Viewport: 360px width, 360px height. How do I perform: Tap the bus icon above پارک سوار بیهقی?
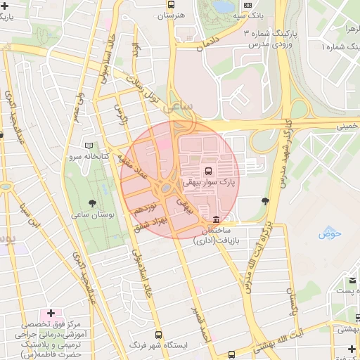coord(209,171)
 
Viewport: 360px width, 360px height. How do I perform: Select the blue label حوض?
coord(328,233)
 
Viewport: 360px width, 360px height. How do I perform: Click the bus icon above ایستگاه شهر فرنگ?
coord(157,335)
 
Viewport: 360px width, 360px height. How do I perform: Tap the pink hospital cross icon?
coord(51,312)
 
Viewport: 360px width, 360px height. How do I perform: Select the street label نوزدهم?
coord(144,209)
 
